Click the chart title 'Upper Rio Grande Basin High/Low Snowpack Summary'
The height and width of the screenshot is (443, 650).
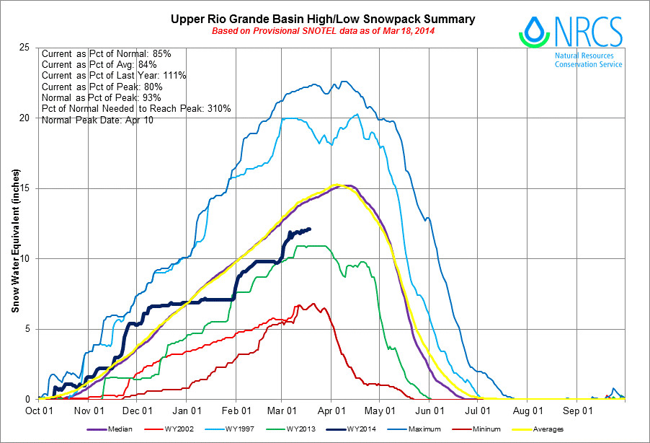coord(323,19)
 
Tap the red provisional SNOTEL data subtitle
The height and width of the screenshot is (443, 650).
coord(323,31)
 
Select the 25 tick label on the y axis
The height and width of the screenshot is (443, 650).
coord(28,48)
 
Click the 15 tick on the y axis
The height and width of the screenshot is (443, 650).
coord(28,188)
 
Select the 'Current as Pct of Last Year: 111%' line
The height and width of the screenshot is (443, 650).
coord(115,76)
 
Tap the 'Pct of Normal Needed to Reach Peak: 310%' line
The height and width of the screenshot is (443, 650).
coord(136,108)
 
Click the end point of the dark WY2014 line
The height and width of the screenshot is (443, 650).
coord(310,229)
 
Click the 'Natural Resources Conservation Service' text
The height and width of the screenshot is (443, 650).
coord(588,60)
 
